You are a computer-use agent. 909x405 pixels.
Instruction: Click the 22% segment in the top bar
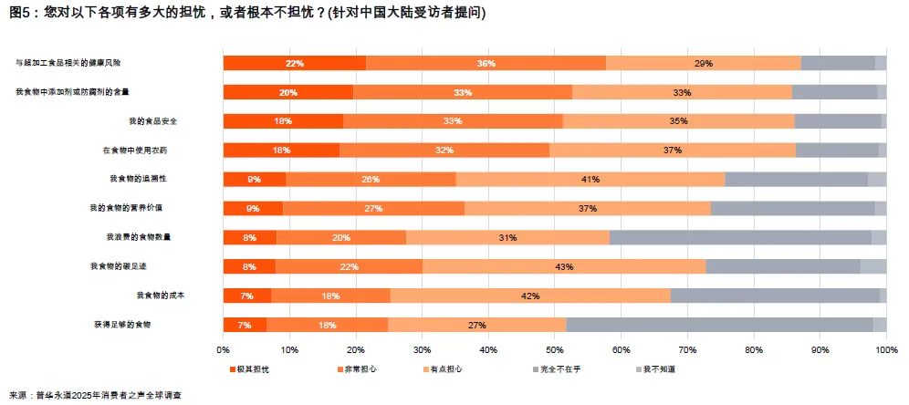[294, 64]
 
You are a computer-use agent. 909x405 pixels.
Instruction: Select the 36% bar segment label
[486, 64]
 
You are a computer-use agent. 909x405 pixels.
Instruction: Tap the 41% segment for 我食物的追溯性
[590, 180]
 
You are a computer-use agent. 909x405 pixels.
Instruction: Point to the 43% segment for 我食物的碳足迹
[563, 266]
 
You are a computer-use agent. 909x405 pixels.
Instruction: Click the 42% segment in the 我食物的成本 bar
[529, 296]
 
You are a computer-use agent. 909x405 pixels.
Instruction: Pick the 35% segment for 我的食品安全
[678, 121]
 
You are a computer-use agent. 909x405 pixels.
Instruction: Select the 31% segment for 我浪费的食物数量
[507, 237]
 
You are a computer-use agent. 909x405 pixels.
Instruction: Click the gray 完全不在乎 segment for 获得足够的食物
[719, 325]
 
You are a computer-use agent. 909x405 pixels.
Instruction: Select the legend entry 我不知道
[656, 369]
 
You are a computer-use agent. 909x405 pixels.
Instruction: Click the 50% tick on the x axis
[554, 349]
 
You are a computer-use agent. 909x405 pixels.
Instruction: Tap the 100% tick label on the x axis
[886, 349]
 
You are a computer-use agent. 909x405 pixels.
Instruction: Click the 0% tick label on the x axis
[224, 349]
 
